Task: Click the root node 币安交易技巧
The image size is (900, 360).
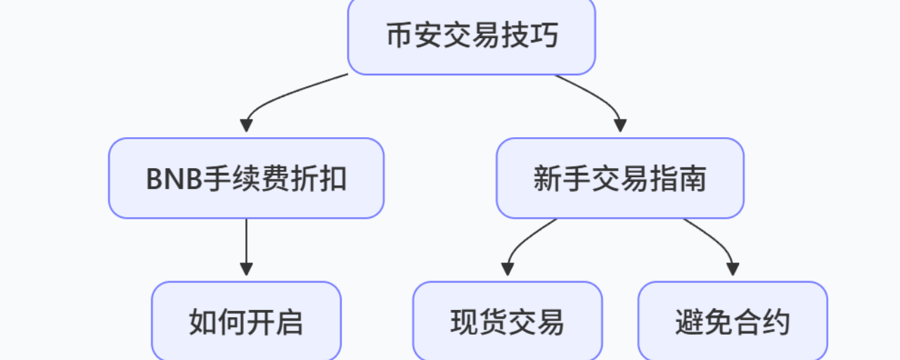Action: (x=471, y=35)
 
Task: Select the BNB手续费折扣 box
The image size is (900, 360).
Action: (x=246, y=178)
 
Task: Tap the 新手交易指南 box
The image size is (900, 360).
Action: (x=619, y=178)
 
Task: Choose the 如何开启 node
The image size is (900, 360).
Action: (x=246, y=322)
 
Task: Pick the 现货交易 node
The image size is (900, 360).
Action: (x=507, y=322)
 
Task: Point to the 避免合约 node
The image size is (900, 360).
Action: (x=732, y=322)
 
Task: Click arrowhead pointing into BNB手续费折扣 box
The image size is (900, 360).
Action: (x=246, y=126)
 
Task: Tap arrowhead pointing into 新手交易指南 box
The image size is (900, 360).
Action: (x=619, y=126)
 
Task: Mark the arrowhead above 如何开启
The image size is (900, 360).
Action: (x=246, y=269)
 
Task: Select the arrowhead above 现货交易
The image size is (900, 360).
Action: (x=507, y=269)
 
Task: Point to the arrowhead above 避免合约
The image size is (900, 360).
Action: (x=732, y=269)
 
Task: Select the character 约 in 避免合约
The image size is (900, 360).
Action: (x=778, y=323)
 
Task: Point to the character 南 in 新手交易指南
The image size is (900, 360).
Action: (x=693, y=179)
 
